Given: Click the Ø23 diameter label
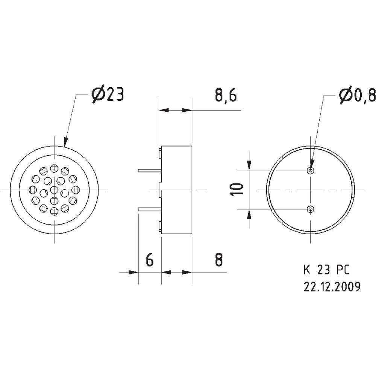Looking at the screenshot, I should pyautogui.click(x=108, y=96).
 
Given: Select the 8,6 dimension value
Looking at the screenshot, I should pyautogui.click(x=225, y=96).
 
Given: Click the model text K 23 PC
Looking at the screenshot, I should pyautogui.click(x=326, y=270).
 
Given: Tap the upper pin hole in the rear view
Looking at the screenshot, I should pyautogui.click(x=311, y=171).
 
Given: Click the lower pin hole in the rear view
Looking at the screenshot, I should pyautogui.click(x=311, y=209).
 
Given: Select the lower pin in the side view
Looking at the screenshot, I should pyautogui.click(x=149, y=209).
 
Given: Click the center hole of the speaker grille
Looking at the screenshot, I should pyautogui.click(x=55, y=190).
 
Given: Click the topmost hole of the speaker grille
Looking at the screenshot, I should pyautogui.click(x=55, y=168).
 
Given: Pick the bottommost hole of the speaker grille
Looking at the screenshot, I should pyautogui.click(x=55, y=211).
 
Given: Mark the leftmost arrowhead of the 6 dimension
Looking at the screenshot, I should pyautogui.click(x=133, y=272).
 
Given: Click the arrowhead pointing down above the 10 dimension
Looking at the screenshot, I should pyautogui.click(x=249, y=165).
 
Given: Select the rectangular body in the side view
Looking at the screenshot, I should pyautogui.click(x=177, y=190).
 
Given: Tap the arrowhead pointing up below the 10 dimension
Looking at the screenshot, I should pyautogui.click(x=249, y=214).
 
